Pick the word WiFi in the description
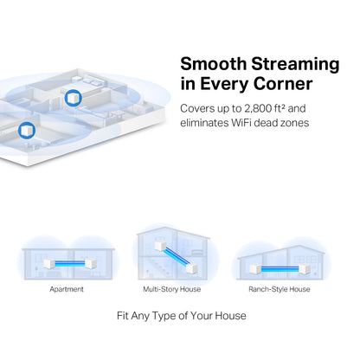tap(256, 125)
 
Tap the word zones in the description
tap(317, 125)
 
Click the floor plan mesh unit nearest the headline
tap(73, 97)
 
